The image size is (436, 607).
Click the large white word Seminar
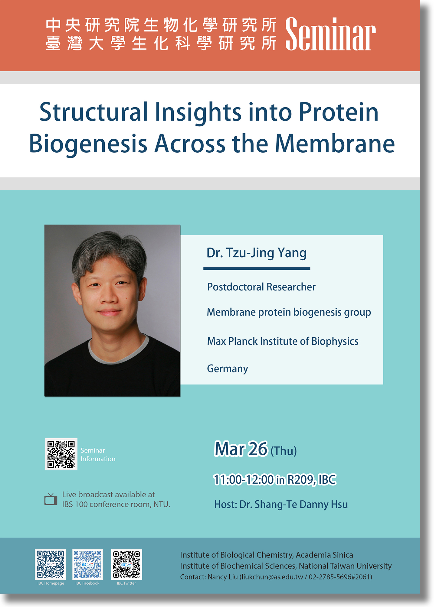[330, 34]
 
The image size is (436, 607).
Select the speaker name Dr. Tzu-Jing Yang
[257, 253]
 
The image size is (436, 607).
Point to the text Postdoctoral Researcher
[261, 287]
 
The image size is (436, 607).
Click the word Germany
[228, 369]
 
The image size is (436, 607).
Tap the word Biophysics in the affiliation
[335, 342]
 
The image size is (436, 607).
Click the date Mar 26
[241, 449]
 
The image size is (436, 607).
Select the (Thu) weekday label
[284, 451]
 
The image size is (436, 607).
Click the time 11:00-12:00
[244, 480]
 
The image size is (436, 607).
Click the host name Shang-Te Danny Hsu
[301, 505]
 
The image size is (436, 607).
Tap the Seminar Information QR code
[61, 454]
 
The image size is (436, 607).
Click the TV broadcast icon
[51, 499]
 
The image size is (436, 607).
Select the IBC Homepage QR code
[51, 564]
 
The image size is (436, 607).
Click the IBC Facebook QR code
[88, 564]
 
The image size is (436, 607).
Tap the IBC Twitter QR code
[126, 564]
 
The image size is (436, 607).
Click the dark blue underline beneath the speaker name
[257, 268]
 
